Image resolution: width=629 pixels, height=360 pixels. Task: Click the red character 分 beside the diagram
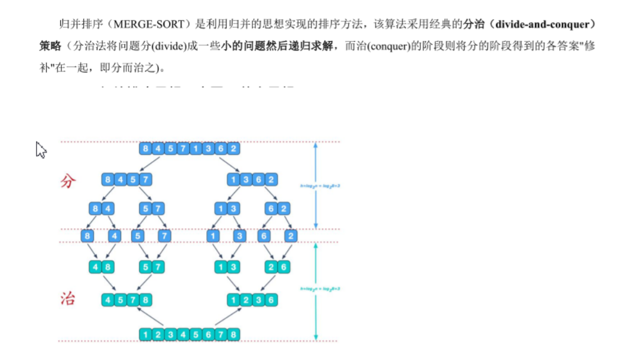(68, 181)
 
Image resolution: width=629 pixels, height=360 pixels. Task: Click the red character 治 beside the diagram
(68, 299)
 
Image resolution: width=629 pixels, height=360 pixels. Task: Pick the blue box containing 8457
(127, 180)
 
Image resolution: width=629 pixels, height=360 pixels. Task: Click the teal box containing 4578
(127, 300)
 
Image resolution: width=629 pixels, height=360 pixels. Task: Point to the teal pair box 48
(101, 267)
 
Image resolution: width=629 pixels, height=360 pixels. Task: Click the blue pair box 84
(101, 209)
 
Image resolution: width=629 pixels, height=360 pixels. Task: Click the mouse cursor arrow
(41, 150)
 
